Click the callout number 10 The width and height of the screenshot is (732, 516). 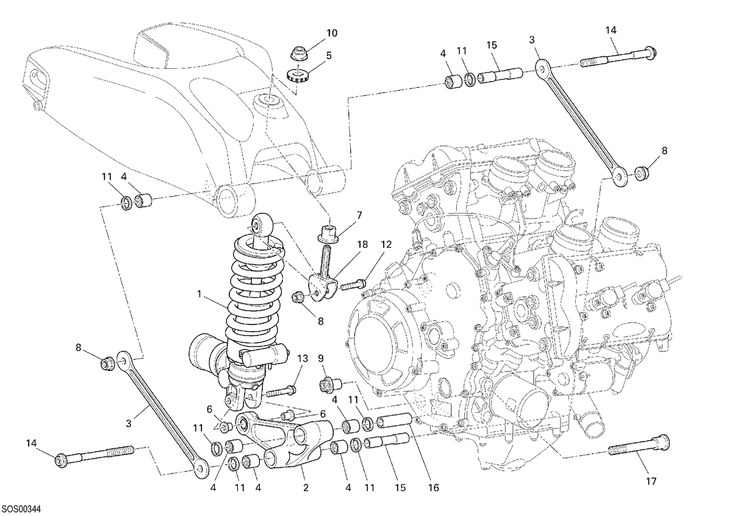(332, 33)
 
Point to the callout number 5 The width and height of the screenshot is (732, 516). (329, 56)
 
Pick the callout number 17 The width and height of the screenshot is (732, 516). (651, 481)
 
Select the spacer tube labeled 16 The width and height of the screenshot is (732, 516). (395, 421)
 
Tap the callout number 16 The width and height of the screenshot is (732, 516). (433, 488)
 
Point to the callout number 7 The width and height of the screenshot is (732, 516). (359, 215)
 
